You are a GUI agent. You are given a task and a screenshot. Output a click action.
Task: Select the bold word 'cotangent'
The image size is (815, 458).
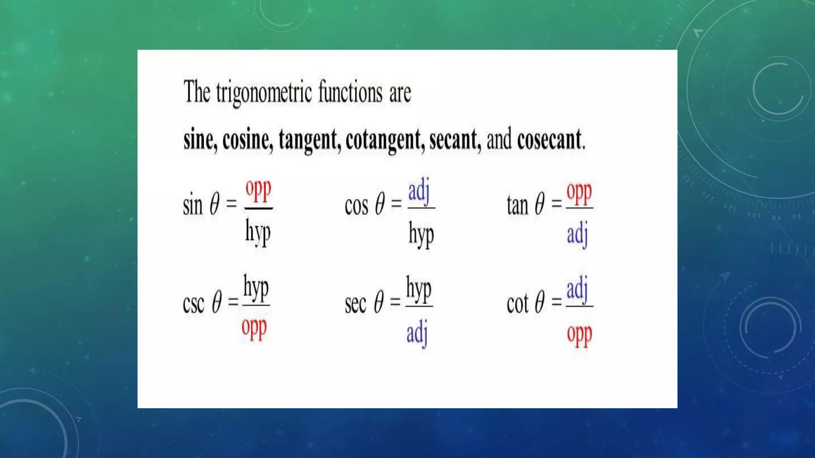383,140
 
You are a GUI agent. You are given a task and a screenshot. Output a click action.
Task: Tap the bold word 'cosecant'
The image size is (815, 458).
549,140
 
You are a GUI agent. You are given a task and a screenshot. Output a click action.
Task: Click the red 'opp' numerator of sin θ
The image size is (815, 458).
258,190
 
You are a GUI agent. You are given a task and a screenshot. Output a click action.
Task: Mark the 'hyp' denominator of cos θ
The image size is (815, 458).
421,235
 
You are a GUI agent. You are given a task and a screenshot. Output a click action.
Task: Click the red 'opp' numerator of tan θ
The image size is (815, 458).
579,193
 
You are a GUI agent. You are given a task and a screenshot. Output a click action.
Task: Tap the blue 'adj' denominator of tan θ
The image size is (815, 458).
577,234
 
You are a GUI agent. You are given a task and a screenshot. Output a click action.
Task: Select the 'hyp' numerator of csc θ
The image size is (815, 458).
256,288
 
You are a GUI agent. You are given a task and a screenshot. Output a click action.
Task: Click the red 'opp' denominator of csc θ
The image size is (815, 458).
254,328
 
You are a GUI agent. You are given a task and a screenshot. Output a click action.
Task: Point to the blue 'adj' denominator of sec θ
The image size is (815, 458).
417,333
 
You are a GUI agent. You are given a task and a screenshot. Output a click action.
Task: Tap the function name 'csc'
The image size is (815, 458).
193,304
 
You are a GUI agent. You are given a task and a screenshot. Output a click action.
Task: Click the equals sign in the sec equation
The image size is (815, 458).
395,302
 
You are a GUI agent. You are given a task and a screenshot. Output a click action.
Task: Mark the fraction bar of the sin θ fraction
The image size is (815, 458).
258,208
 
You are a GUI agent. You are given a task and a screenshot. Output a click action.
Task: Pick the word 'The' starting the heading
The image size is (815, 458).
197,92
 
